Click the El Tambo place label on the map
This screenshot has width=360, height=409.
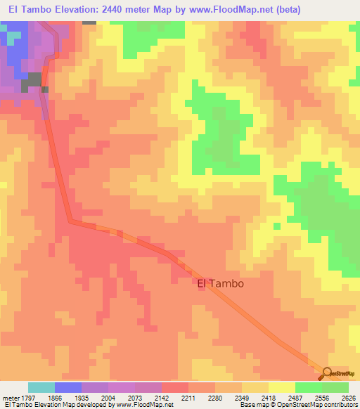[x=220, y=284]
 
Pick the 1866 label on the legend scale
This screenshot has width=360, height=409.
[x=54, y=398]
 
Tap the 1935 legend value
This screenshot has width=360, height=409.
[x=82, y=398]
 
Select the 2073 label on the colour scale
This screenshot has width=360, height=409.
[x=135, y=398]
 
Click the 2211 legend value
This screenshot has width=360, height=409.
[x=188, y=398]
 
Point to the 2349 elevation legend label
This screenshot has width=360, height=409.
[x=242, y=398]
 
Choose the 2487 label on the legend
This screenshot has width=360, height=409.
[x=295, y=398]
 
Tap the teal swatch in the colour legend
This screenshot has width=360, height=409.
[x=41, y=387]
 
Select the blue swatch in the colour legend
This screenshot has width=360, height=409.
[x=68, y=387]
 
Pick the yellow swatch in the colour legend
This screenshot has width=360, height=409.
[x=281, y=387]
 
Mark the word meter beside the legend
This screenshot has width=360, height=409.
[x=9, y=398]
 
